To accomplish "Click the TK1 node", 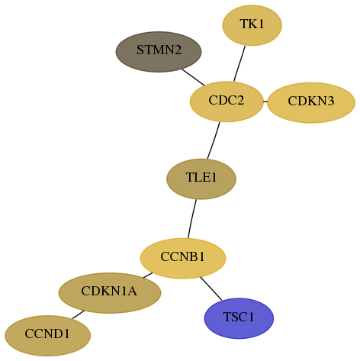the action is point(252,25).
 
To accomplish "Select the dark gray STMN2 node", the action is point(159,52).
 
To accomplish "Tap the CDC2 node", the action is point(227,102).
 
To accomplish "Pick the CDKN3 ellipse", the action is point(311,102).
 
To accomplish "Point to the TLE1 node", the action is point(201,179).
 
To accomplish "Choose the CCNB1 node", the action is point(183,258).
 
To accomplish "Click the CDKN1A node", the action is point(110,293).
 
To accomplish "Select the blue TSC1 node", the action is point(239,318).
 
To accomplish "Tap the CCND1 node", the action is point(47,336).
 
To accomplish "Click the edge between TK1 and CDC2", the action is point(239,64).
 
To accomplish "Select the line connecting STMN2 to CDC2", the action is point(193,77).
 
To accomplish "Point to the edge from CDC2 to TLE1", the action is point(214,140).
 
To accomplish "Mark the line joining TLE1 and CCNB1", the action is point(192,219).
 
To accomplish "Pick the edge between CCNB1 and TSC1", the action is point(211,288).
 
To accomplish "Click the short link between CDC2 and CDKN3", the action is point(265,102).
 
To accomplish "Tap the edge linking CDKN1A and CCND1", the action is point(78,314).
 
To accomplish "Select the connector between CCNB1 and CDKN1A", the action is point(148,276).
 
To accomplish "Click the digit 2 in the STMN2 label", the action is point(178,50).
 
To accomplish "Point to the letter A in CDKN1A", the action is point(132,291).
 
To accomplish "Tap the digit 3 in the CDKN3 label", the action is point(330,101).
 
